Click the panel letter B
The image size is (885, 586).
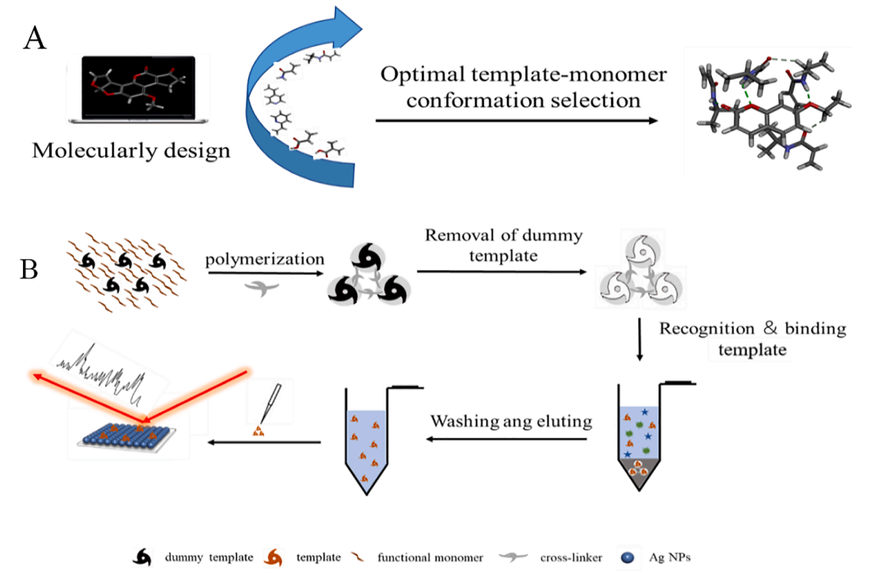[29, 271]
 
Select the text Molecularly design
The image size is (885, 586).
[131, 150]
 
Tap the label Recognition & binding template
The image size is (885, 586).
[752, 339]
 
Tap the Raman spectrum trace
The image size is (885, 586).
[107, 371]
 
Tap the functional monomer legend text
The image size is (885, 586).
[430, 558]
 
